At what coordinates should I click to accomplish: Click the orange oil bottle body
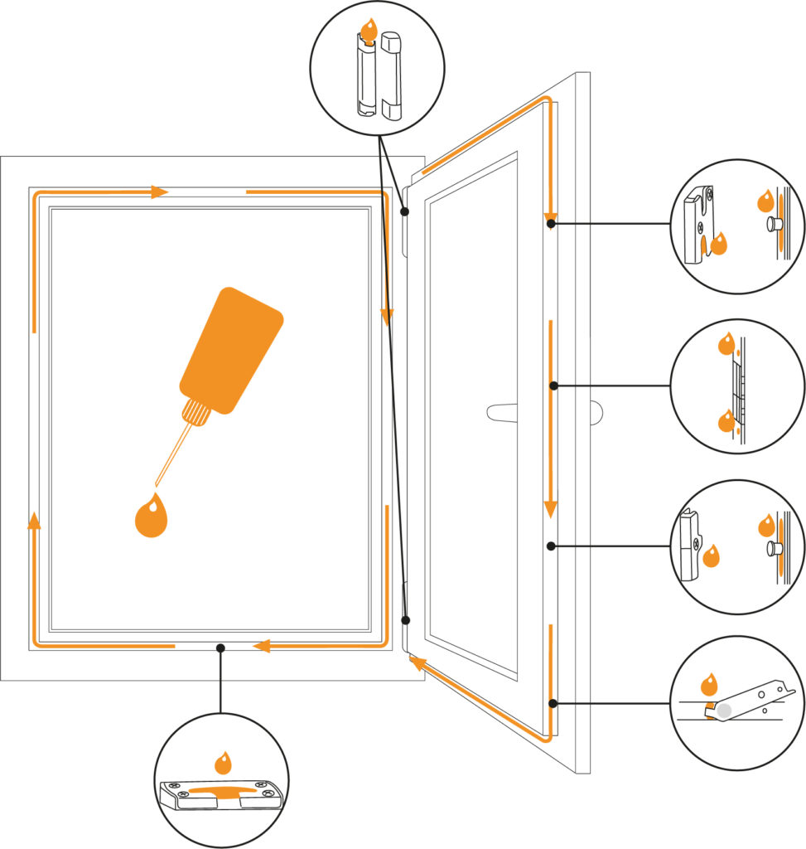pos(232,348)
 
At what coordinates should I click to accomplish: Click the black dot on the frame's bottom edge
pos(220,647)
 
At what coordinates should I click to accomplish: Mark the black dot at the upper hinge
pos(405,211)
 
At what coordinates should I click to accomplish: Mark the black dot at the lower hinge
pos(406,620)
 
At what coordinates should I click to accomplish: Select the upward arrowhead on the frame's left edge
pos(34,521)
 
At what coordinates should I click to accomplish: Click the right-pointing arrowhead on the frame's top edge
pos(160,192)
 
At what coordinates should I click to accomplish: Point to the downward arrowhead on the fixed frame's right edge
pos(386,316)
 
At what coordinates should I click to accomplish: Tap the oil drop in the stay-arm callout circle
pos(709,685)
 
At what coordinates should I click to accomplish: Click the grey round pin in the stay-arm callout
pos(725,711)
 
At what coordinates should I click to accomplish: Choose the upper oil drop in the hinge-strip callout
pos(726,342)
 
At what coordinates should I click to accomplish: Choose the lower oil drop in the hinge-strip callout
pos(726,422)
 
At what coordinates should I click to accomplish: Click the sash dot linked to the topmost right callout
pos(550,223)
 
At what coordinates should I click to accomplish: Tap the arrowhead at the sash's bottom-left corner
pos(417,662)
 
